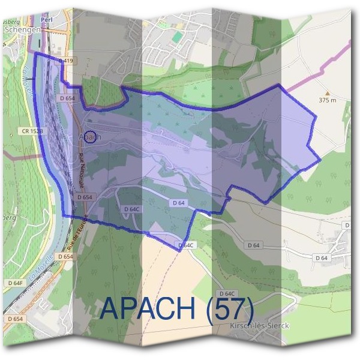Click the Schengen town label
coord(22,28)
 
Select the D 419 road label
coord(66,61)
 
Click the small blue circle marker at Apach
coord(89,137)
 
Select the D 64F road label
coord(16,283)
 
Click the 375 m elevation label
coord(328,100)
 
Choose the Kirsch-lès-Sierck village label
coord(260,325)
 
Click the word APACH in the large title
coord(149,308)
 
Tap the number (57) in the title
coord(230,308)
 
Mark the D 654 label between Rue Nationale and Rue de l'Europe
coord(85,197)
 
